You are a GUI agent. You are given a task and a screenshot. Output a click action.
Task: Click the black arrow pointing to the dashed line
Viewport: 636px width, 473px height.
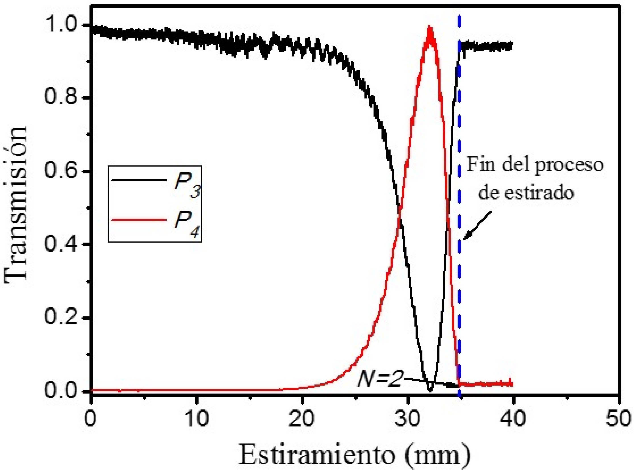(477, 226)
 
